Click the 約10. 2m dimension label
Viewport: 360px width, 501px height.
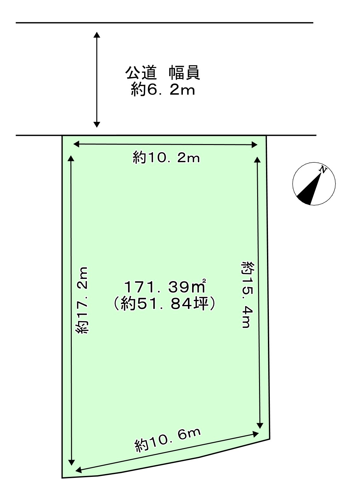click(166, 158)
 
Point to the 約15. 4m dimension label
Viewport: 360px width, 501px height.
click(247, 294)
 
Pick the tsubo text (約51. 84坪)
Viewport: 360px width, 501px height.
click(165, 304)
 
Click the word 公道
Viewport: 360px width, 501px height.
click(141, 73)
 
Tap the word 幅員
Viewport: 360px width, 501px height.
click(184, 73)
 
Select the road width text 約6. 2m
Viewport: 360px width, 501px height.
click(163, 90)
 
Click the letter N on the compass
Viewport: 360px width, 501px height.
click(323, 170)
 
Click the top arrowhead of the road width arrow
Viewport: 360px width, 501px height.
click(97, 34)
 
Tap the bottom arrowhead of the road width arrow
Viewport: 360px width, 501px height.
click(97, 124)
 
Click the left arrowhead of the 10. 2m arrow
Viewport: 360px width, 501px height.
click(76, 144)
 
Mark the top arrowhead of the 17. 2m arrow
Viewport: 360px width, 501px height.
click(71, 158)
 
